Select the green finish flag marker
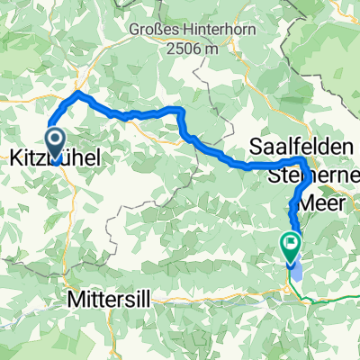[291, 242]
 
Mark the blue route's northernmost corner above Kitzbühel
[79, 93]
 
